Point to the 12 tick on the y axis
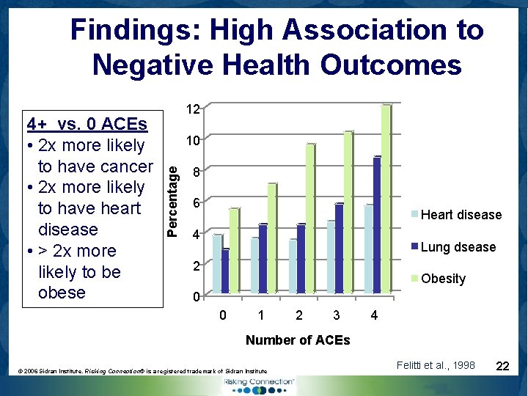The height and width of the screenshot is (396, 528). (193, 109)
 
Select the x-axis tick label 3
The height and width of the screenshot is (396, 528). (336, 316)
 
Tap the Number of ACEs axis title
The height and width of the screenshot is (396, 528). (298, 340)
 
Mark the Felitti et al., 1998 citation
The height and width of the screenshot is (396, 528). (435, 365)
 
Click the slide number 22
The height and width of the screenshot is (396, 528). (503, 365)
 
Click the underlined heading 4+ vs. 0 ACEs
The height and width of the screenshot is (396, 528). (87, 123)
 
